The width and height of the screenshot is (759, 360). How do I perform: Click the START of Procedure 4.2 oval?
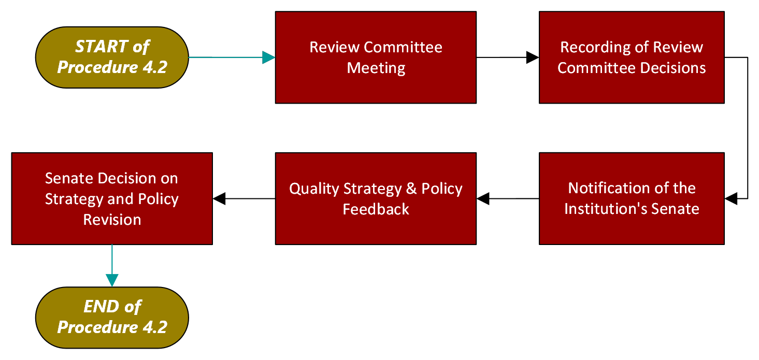pyautogui.click(x=112, y=57)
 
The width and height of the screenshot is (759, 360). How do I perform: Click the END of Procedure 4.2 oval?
pyautogui.click(x=112, y=317)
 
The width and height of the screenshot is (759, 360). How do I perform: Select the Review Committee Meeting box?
pyautogui.click(x=376, y=57)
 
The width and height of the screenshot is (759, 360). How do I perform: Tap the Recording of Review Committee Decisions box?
pyautogui.click(x=632, y=57)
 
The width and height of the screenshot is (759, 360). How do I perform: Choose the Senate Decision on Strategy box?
pyautogui.click(x=112, y=198)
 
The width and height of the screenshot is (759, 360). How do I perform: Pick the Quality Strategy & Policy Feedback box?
pyautogui.click(x=376, y=198)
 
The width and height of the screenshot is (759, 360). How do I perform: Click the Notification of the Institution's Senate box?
pyautogui.click(x=632, y=198)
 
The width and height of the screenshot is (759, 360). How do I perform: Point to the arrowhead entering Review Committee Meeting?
pyautogui.click(x=268, y=57)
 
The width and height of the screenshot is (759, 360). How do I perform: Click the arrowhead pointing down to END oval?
pyautogui.click(x=112, y=280)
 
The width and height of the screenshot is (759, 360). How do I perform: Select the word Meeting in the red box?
pyautogui.click(x=376, y=68)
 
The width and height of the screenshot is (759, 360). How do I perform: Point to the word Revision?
pyautogui.click(x=112, y=220)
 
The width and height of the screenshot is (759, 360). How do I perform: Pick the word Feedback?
pyautogui.click(x=376, y=209)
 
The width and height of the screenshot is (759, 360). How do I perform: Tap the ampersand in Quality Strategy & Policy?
pyautogui.click(x=411, y=189)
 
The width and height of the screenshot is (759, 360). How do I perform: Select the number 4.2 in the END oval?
pyautogui.click(x=153, y=327)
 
